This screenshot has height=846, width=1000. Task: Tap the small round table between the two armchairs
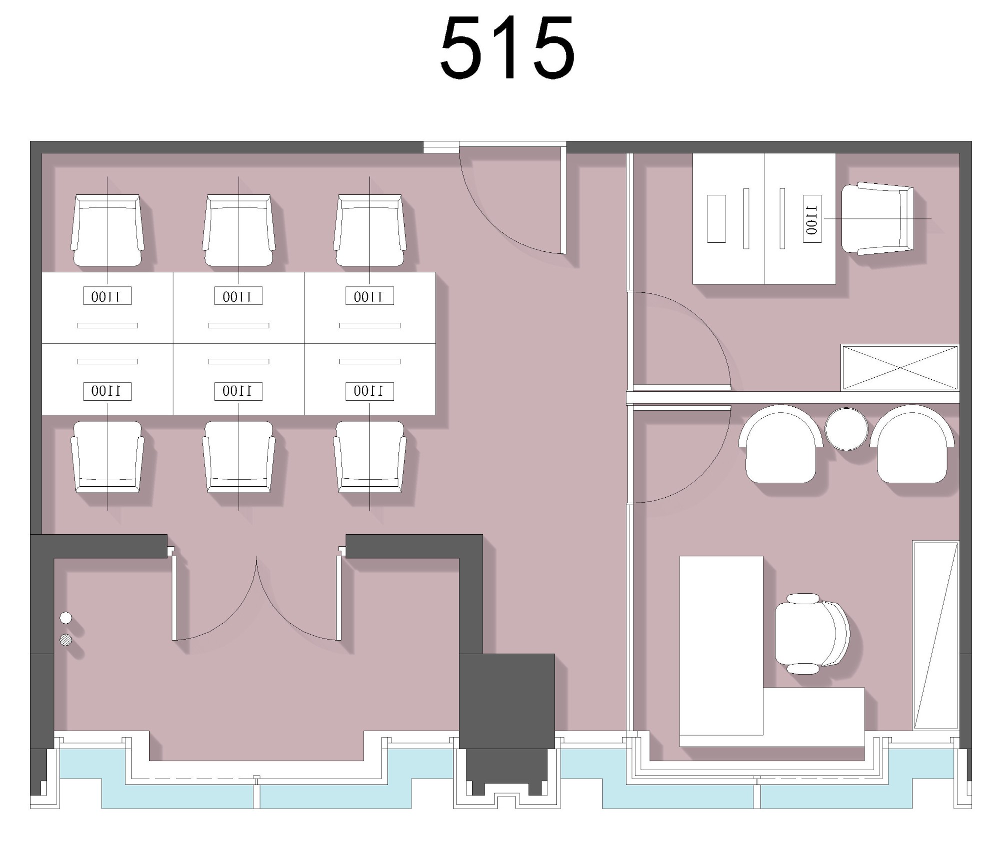click(846, 429)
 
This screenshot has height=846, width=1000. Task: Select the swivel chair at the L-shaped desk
click(811, 634)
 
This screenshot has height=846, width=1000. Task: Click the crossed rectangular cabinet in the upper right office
click(900, 367)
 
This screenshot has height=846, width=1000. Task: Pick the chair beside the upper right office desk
click(877, 218)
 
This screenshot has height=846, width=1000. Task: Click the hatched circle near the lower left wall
click(65, 640)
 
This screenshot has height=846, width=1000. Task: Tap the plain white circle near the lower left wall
click(65, 618)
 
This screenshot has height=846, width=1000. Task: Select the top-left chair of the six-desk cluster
click(107, 230)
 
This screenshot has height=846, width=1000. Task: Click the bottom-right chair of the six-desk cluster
click(370, 457)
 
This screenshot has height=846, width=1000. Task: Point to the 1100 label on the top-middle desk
click(238, 296)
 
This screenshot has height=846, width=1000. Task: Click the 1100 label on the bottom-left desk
click(107, 391)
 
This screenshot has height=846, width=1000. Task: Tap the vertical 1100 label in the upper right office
click(812, 219)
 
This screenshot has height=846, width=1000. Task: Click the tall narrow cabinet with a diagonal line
click(935, 635)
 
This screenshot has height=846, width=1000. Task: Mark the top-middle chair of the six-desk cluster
click(238, 230)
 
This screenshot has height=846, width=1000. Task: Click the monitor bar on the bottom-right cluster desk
click(370, 361)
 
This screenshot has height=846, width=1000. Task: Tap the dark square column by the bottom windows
click(506, 701)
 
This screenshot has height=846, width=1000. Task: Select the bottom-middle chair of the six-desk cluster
click(238, 457)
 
